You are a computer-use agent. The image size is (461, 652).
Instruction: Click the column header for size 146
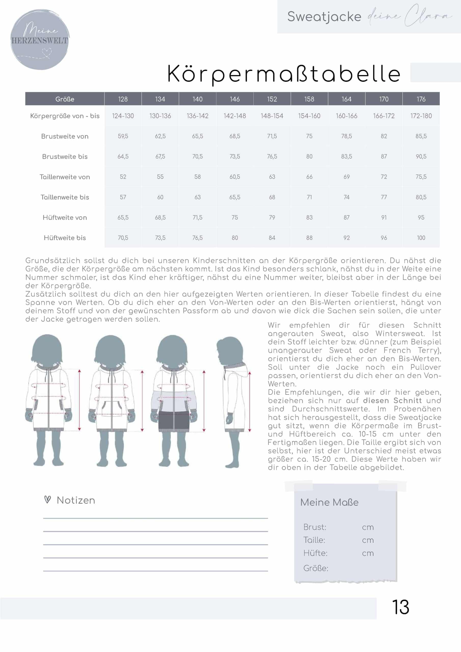click(235, 99)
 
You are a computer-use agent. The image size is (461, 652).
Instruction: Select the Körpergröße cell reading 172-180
click(421, 116)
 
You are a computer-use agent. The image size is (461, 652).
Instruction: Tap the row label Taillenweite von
click(65, 177)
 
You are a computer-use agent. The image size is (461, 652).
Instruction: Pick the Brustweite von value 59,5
click(123, 136)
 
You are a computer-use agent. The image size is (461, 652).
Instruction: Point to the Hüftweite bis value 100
click(421, 238)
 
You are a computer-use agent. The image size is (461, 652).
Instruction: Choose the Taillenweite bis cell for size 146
click(235, 197)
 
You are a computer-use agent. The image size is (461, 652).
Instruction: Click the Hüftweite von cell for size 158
click(309, 218)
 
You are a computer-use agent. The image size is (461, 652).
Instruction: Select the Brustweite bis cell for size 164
click(347, 156)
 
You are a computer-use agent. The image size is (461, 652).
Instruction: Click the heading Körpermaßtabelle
click(284, 74)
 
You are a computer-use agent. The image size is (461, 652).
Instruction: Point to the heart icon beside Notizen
click(48, 499)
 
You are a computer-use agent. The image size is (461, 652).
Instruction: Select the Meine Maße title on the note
click(330, 502)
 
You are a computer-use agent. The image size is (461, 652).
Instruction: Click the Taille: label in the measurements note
click(314, 540)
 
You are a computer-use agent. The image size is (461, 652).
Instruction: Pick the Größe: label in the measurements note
click(316, 568)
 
